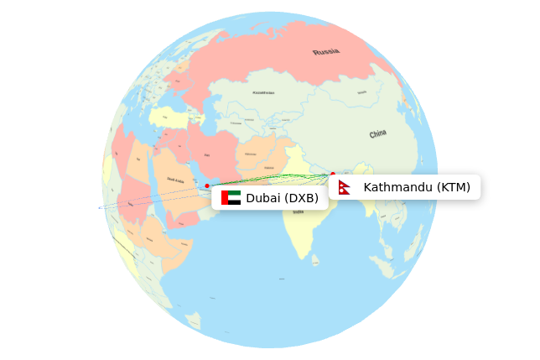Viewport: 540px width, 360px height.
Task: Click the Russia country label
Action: (326, 52)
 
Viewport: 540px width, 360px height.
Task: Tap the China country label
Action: (378, 133)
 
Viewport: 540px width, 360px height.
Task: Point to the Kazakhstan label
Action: (263, 93)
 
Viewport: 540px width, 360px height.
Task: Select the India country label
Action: (299, 212)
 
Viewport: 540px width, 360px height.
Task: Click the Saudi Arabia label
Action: (176, 179)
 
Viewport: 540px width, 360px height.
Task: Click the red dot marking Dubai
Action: (207, 185)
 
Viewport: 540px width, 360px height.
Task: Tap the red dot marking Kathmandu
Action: (333, 175)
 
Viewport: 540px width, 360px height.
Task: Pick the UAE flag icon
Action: (231, 198)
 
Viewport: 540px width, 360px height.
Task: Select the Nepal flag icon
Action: (345, 187)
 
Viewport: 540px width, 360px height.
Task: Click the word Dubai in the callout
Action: (262, 198)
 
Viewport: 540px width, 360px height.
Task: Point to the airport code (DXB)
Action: (301, 198)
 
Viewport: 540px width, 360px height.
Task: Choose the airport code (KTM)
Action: (454, 187)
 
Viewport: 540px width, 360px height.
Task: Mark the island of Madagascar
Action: (194, 320)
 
